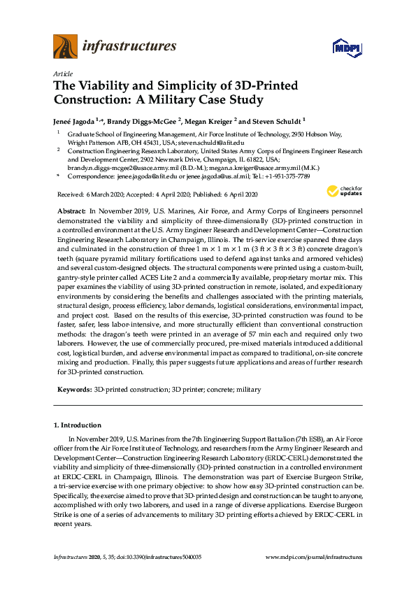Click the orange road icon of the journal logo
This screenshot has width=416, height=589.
point(65,47)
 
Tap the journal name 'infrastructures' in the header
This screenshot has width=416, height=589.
point(129,47)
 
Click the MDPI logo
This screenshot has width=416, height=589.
point(347,48)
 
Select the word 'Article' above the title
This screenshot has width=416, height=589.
point(62,73)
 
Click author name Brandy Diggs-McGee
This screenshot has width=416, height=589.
point(143,120)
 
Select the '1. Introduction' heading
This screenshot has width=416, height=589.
point(77,425)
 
